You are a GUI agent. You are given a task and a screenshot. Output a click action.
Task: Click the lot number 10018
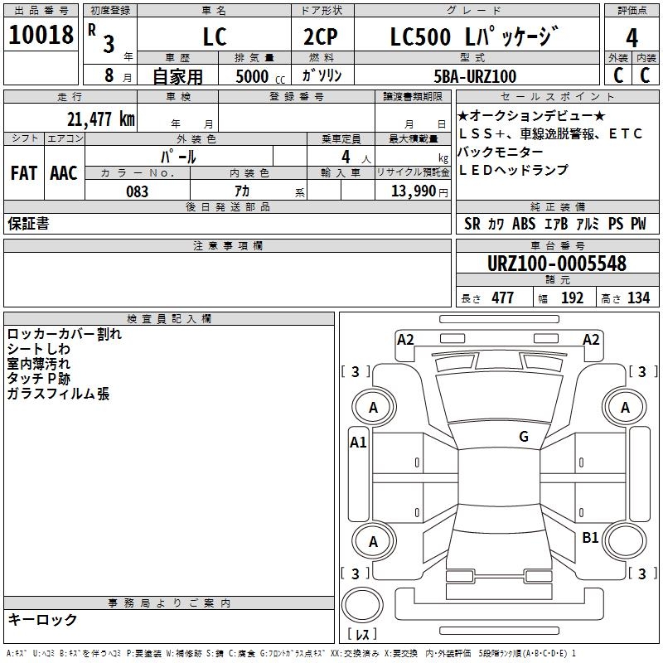(41, 36)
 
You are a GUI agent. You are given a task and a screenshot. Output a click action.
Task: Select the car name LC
(214, 38)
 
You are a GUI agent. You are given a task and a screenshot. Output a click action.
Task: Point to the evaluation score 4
(632, 38)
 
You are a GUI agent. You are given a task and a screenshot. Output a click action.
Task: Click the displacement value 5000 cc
(259, 76)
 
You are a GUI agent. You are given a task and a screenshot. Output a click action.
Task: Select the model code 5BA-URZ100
(476, 76)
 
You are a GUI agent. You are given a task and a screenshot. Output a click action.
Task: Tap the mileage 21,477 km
(99, 119)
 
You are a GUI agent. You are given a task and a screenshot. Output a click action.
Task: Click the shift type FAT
(23, 172)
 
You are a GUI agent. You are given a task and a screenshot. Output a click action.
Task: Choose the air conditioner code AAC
(63, 172)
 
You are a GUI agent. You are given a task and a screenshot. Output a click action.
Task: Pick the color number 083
(137, 191)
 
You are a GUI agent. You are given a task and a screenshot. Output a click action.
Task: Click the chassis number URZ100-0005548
(557, 264)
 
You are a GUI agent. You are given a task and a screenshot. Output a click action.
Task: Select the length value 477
(501, 298)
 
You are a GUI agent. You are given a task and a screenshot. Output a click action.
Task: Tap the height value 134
(638, 298)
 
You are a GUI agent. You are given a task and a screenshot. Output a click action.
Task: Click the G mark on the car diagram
(524, 437)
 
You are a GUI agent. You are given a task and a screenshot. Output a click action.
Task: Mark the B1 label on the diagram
(590, 538)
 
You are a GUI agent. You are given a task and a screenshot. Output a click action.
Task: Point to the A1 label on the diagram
(358, 442)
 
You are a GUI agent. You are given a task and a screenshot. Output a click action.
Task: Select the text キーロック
(42, 619)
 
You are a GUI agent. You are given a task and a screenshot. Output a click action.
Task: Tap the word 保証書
(28, 224)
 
